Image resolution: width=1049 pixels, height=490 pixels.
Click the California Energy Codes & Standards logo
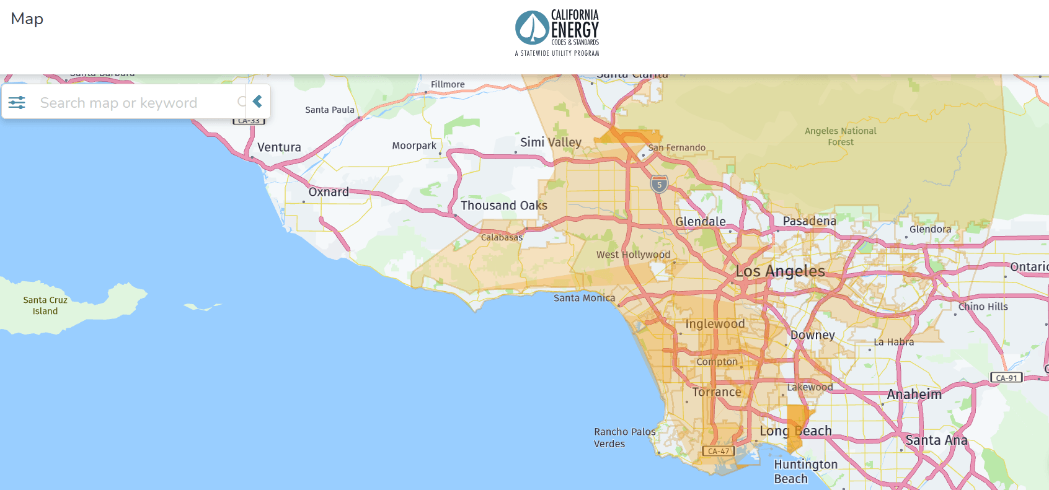(557, 32)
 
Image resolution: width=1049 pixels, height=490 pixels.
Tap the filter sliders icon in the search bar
(17, 102)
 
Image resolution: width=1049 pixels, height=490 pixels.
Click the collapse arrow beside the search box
(258, 102)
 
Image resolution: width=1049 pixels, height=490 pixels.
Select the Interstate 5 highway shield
(659, 184)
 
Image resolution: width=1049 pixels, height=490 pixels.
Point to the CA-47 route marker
(719, 451)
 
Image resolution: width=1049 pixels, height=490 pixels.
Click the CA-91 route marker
(1006, 378)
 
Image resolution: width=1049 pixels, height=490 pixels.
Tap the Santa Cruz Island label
(45, 305)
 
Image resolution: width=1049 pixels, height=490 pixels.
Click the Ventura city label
(279, 147)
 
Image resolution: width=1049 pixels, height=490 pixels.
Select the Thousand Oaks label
(503, 206)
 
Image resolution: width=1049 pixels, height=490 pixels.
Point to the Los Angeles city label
(780, 271)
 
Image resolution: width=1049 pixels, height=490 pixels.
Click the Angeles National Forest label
(840, 136)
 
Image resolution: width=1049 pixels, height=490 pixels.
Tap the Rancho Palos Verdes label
(624, 437)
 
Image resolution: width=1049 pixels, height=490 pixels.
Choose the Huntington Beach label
(805, 471)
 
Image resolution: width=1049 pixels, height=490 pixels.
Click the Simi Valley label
(551, 142)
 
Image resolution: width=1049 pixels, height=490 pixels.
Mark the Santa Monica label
(584, 298)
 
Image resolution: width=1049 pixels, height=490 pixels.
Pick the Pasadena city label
(809, 221)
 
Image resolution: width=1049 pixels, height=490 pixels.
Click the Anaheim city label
(914, 395)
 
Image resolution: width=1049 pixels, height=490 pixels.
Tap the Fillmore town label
(448, 84)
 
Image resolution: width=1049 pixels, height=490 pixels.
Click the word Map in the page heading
(27, 19)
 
